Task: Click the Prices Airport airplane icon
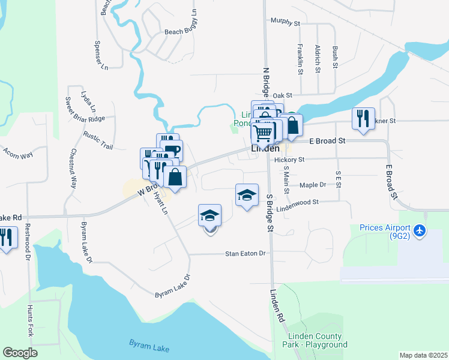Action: pyautogui.click(x=420, y=230)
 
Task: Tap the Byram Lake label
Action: pyautogui.click(x=149, y=345)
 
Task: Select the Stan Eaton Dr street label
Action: pyautogui.click(x=245, y=254)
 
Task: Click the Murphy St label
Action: pyautogui.click(x=285, y=23)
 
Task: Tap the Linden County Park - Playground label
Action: pyautogui.click(x=318, y=340)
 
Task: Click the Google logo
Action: pyautogui.click(x=20, y=353)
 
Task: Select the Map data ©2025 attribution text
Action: pyautogui.click(x=423, y=355)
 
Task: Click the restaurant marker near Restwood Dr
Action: pyautogui.click(x=6, y=237)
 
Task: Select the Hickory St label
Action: pyautogui.click(x=289, y=160)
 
